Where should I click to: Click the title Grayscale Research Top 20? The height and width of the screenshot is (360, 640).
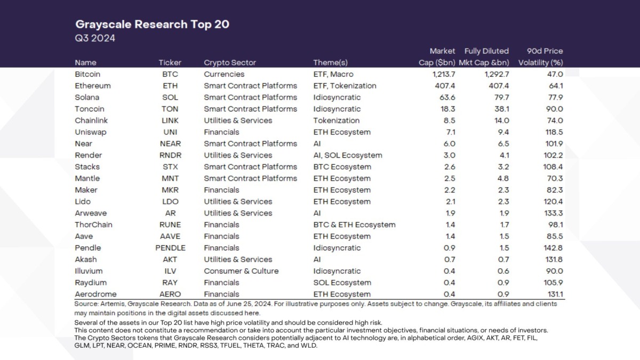pos(152,25)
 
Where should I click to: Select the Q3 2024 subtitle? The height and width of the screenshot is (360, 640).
pos(95,38)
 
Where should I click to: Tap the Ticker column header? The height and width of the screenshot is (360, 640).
pos(170,62)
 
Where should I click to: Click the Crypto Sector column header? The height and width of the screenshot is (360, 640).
pos(230,62)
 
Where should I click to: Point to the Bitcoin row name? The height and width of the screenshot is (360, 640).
pos(87,74)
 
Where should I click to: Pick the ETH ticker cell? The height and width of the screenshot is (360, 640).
pos(170,86)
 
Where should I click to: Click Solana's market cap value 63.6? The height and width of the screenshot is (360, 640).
pos(447,98)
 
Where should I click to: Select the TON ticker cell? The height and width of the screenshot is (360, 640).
pos(170,109)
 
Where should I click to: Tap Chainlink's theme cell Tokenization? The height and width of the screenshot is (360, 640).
pos(336,121)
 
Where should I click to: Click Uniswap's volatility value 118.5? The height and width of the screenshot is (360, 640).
pos(552,132)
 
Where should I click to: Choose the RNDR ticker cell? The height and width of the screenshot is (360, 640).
pos(170,155)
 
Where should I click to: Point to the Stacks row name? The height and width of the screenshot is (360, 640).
pos(87,167)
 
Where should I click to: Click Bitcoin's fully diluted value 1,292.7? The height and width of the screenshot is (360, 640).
pos(494,74)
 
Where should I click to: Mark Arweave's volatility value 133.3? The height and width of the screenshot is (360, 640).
pos(552,213)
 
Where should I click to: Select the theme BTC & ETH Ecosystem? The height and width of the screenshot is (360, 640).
pos(354,225)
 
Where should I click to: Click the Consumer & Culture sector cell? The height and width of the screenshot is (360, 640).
pos(241,271)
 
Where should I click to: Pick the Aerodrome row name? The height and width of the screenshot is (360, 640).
pos(95,294)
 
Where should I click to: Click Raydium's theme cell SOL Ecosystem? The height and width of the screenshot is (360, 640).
pos(342,283)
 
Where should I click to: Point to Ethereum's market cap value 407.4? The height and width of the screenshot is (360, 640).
pos(444,86)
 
